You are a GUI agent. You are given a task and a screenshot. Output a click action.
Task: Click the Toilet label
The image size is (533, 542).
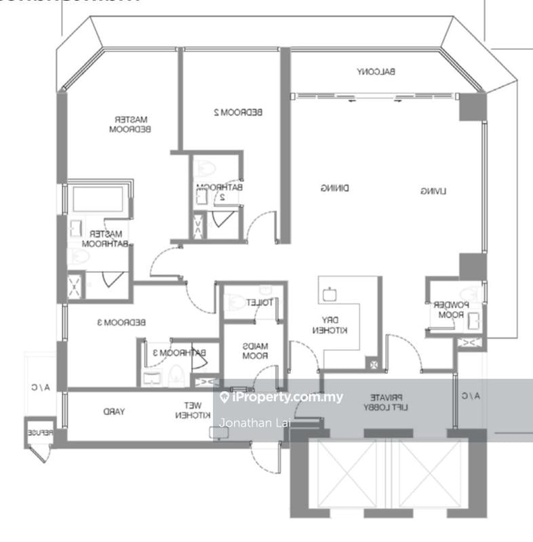[259, 302]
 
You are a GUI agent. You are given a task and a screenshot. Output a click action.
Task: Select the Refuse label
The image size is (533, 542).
[37, 432]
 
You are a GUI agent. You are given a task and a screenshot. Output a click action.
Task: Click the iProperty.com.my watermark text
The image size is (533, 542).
[287, 397]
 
